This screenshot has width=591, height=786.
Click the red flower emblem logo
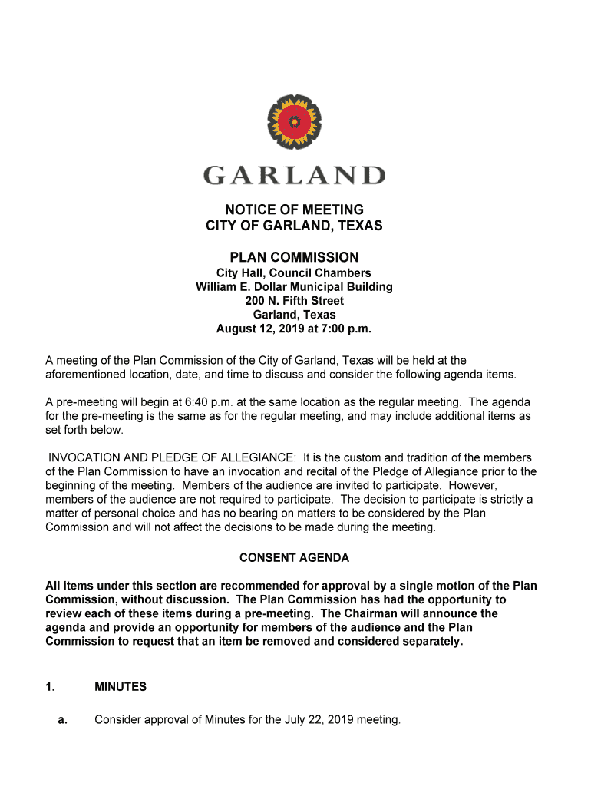[294, 122]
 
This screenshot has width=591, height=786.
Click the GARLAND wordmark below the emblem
[294, 175]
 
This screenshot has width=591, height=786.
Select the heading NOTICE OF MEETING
[294, 210]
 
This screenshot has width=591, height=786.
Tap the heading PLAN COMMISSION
[294, 257]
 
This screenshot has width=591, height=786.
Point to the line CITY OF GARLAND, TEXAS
[294, 226]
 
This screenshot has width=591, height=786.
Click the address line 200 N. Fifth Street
[294, 301]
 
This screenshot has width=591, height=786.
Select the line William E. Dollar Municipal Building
[294, 287]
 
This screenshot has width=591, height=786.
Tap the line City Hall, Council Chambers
[294, 273]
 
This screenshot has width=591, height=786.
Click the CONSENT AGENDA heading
[294, 558]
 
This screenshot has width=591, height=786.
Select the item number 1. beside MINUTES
[50, 687]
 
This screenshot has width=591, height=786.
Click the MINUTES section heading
[120, 687]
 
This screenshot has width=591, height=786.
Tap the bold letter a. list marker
[63, 720]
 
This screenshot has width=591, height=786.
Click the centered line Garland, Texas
[294, 315]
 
